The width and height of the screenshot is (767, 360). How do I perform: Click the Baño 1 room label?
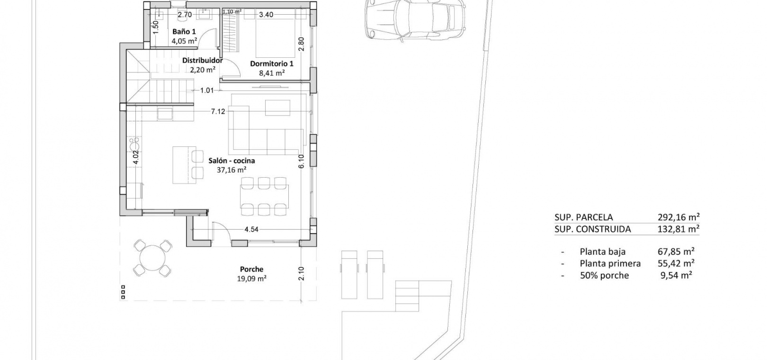click(x=184, y=32)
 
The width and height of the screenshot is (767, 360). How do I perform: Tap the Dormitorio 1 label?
click(x=272, y=64)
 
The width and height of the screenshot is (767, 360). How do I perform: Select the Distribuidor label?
click(x=202, y=61)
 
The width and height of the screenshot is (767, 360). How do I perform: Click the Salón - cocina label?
click(x=232, y=161)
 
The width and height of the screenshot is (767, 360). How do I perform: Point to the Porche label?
click(x=252, y=269)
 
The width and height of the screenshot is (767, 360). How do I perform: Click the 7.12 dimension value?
click(x=218, y=111)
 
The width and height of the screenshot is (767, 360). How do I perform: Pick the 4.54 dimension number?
click(x=251, y=229)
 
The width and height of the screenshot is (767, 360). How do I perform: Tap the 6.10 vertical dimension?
click(x=301, y=162)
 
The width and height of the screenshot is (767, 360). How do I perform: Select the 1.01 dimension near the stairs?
click(x=207, y=90)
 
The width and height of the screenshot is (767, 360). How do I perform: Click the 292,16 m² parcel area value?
click(x=678, y=217)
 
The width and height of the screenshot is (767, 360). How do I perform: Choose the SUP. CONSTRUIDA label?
click(x=593, y=229)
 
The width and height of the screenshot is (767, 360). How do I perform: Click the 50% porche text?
click(x=604, y=275)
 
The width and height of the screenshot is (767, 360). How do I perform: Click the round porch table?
click(x=152, y=258)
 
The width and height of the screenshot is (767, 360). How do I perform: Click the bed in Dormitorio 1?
click(x=275, y=38)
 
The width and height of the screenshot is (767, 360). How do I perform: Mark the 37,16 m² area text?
click(x=232, y=170)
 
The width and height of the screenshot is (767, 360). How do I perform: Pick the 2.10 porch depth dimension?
click(x=301, y=273)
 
